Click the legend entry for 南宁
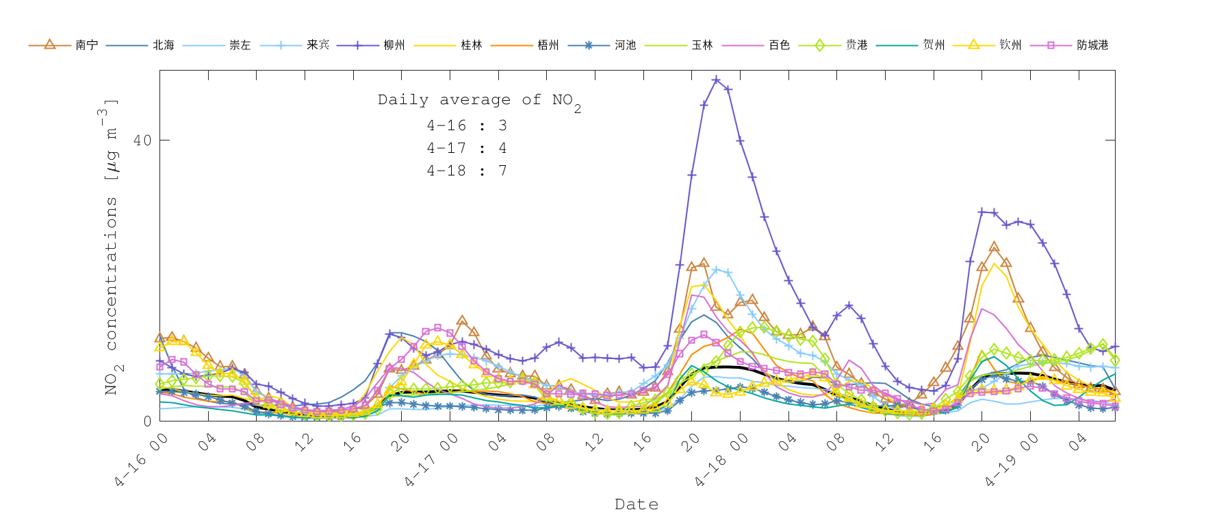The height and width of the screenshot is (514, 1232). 86,45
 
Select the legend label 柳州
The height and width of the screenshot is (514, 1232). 394,45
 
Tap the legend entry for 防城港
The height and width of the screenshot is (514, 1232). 1092,45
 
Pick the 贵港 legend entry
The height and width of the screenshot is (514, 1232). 856,45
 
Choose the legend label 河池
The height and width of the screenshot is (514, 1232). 625,45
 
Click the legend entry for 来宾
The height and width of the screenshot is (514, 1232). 318,45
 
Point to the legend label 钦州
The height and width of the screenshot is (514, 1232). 1010,45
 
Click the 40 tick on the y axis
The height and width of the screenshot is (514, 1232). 142,140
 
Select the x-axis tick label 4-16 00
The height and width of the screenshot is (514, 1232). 142,461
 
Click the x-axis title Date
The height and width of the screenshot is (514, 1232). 637,504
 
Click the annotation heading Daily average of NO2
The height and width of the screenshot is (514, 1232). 479,101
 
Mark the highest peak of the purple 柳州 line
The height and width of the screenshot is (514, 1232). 716,79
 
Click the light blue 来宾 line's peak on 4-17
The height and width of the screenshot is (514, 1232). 716,270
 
